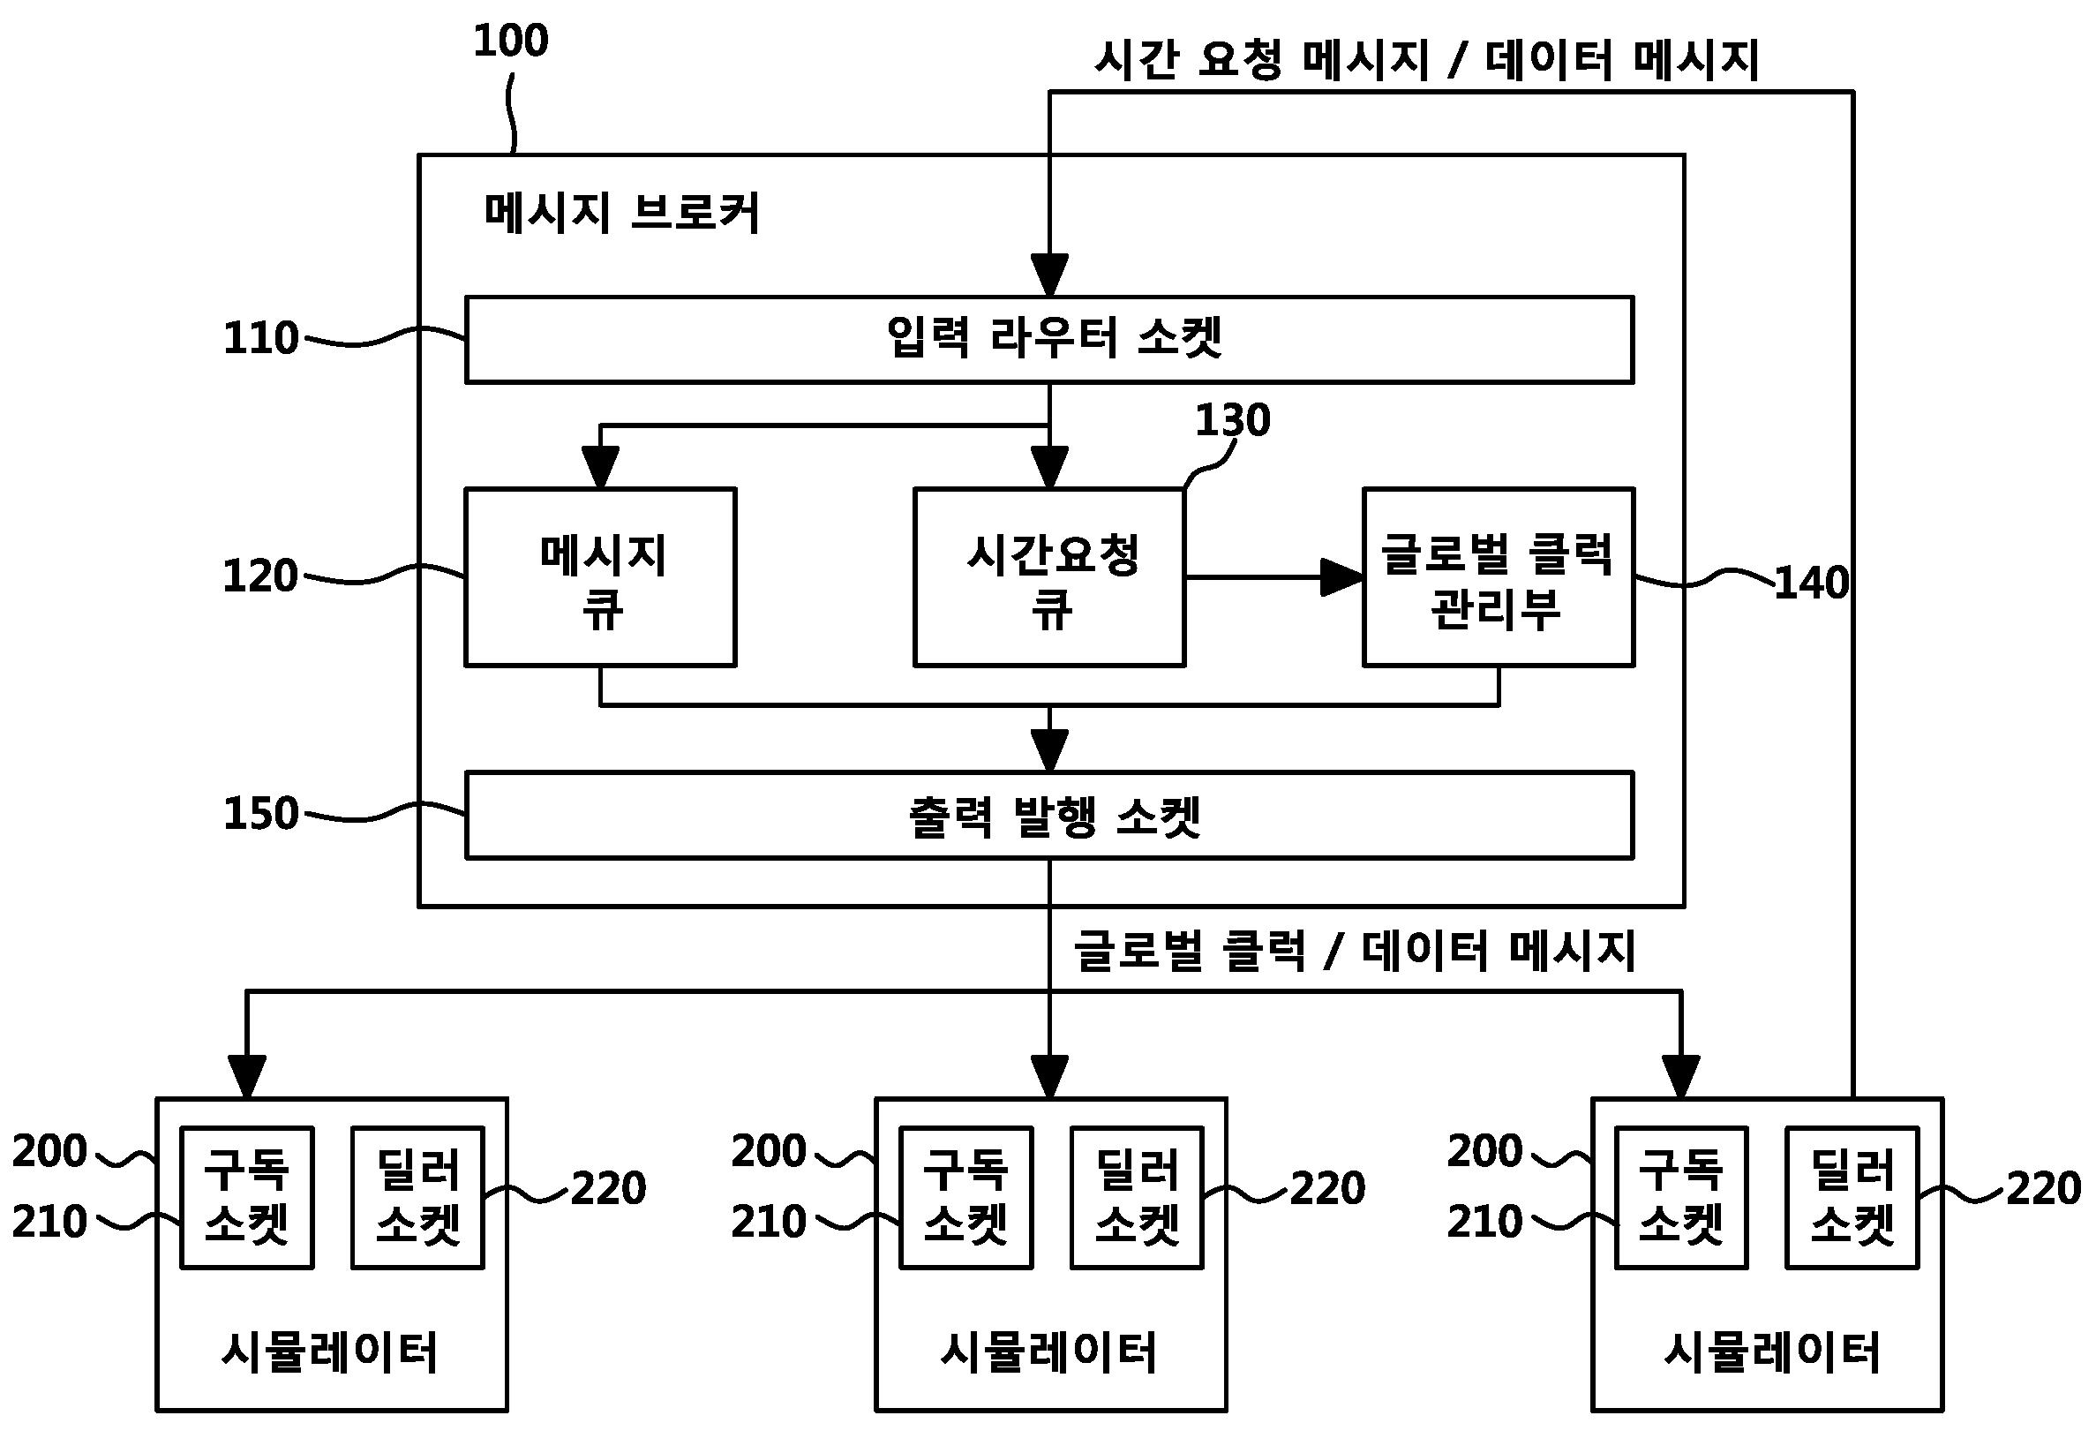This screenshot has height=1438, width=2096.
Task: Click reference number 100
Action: (x=510, y=41)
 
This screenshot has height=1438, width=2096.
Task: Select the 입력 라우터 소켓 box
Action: (x=1049, y=340)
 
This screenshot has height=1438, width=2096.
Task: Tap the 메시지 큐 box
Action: (x=601, y=577)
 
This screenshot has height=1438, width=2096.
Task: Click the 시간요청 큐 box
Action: (x=1049, y=577)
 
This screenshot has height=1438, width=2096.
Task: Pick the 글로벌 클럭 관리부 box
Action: (x=1498, y=577)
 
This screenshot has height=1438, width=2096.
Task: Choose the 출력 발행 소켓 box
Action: (x=1049, y=816)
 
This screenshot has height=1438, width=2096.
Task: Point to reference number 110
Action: (x=260, y=338)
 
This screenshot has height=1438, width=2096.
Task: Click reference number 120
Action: (x=259, y=576)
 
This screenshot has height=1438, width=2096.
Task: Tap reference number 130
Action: (x=1232, y=420)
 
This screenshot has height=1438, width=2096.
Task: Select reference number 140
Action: (x=1811, y=583)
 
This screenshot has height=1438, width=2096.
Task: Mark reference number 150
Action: (x=260, y=814)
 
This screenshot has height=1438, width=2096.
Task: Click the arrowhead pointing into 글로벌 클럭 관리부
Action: (x=1342, y=577)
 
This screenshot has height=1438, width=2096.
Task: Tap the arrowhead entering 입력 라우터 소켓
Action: (x=1049, y=275)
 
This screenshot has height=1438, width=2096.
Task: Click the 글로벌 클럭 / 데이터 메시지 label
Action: (x=1354, y=951)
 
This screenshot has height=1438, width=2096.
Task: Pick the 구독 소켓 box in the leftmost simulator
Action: (x=247, y=1197)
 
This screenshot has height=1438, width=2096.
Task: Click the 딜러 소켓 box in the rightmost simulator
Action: (x=1852, y=1197)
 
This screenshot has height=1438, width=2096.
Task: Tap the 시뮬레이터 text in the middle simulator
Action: (x=1049, y=1352)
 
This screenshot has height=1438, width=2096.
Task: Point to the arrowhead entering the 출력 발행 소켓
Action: (x=1049, y=750)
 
